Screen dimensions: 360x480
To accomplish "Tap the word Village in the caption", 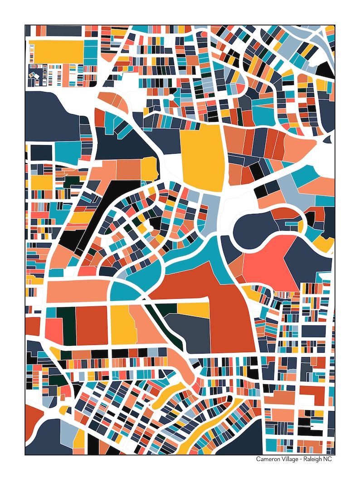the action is (x=291, y=459).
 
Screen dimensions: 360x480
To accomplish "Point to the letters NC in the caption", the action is (x=331, y=459).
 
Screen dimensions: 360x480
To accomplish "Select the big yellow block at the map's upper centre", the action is (x=203, y=156).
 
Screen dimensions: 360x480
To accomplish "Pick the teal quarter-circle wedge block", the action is (x=124, y=292).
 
